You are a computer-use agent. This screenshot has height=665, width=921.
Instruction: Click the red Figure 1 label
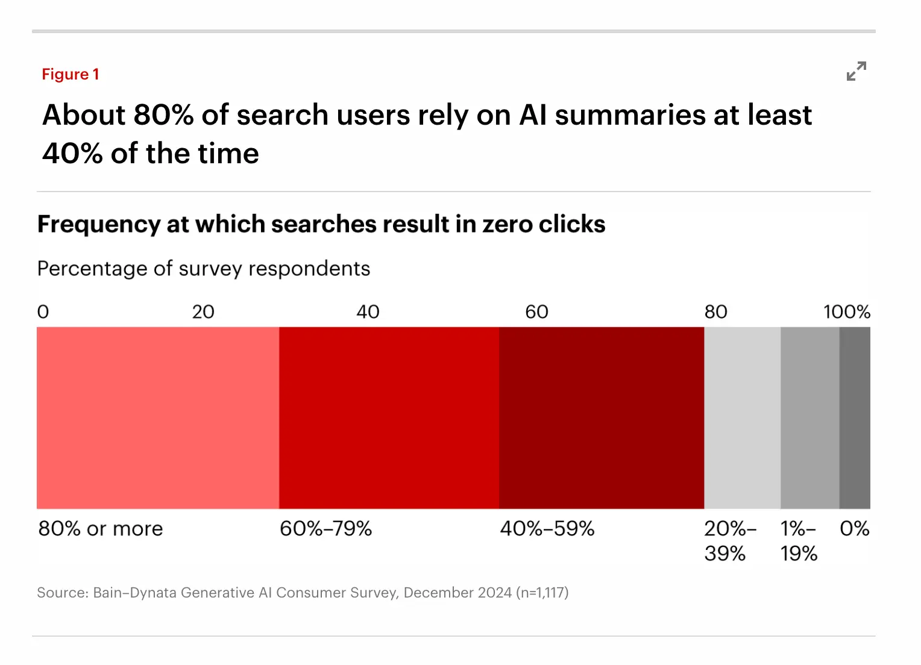(x=70, y=74)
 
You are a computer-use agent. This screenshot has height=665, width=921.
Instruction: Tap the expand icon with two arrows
(x=856, y=71)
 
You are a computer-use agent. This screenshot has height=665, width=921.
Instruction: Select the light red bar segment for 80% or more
(x=158, y=418)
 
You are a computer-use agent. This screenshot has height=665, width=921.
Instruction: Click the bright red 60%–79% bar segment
(x=389, y=418)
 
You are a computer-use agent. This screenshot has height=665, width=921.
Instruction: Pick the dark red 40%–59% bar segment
(x=602, y=418)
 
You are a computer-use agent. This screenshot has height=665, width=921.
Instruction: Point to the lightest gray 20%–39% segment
(x=742, y=418)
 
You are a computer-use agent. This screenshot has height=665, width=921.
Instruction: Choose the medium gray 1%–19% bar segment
(x=809, y=418)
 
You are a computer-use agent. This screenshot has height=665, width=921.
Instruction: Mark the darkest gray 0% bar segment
(x=855, y=418)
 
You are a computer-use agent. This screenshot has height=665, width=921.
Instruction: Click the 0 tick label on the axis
(x=43, y=312)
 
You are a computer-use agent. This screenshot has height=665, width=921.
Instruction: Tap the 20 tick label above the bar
(x=203, y=312)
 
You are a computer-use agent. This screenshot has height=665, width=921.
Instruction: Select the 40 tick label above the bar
(x=368, y=312)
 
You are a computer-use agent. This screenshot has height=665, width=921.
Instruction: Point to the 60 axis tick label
(x=536, y=312)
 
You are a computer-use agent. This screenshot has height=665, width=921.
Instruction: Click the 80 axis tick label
(x=715, y=312)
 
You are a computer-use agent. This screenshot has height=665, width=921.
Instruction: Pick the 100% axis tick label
(x=847, y=312)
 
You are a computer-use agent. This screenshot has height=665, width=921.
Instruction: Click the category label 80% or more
(x=101, y=529)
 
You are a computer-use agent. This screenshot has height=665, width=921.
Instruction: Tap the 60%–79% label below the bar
(x=325, y=529)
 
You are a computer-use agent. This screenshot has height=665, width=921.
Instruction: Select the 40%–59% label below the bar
(x=547, y=529)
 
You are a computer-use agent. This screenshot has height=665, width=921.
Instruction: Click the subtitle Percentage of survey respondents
(x=204, y=269)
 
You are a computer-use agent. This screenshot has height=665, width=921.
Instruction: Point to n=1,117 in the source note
(x=542, y=593)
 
